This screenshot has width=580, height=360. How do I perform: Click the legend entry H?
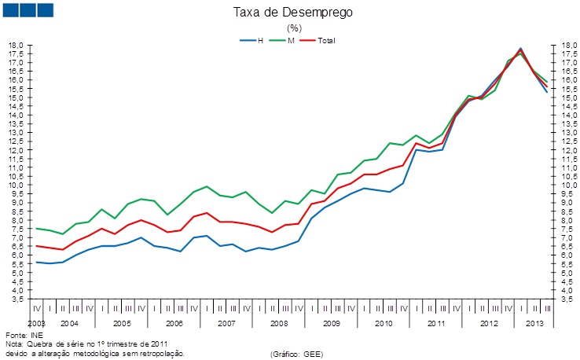[259, 39]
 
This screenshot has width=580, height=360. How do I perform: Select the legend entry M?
[291, 39]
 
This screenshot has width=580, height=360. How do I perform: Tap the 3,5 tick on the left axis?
[15, 299]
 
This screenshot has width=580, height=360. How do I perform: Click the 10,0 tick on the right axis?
[567, 186]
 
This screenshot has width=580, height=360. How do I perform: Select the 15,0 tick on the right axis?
[567, 97]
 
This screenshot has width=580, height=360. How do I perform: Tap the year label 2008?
[279, 323]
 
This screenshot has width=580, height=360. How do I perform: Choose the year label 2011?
[436, 323]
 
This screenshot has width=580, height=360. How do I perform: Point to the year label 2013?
[535, 323]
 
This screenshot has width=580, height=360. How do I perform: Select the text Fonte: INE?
[20, 334]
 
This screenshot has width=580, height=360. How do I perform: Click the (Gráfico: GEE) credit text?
[298, 354]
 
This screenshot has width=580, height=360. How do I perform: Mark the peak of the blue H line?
[520, 49]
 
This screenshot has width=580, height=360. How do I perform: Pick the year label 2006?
[174, 323]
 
